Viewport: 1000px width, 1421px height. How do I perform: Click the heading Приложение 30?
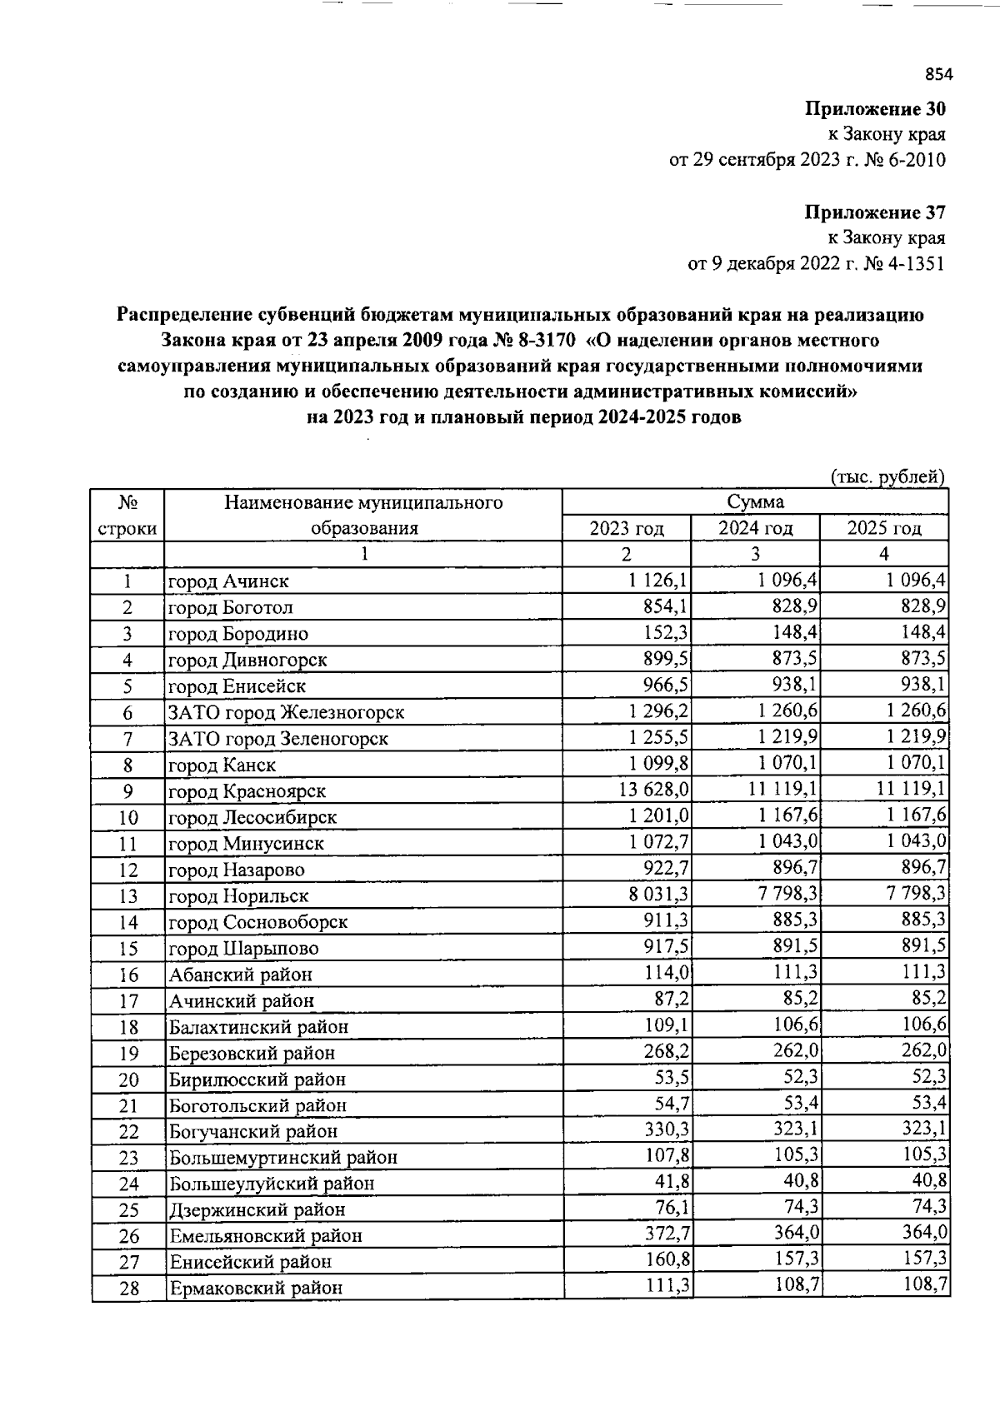(875, 109)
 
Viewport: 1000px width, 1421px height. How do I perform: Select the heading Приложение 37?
(875, 212)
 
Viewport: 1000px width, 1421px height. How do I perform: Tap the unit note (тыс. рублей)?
(887, 477)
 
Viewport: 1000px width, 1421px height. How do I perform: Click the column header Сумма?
(755, 501)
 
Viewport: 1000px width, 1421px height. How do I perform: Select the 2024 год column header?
(755, 528)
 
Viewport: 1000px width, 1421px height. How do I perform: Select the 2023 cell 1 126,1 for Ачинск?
(659, 580)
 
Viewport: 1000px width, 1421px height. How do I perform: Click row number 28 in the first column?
(128, 1289)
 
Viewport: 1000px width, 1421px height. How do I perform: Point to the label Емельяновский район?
(265, 1236)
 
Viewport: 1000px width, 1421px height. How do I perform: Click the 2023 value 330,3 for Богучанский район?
(667, 1129)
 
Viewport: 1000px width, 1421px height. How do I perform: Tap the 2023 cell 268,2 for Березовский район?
(667, 1050)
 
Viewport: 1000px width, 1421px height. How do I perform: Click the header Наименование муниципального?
(363, 502)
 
